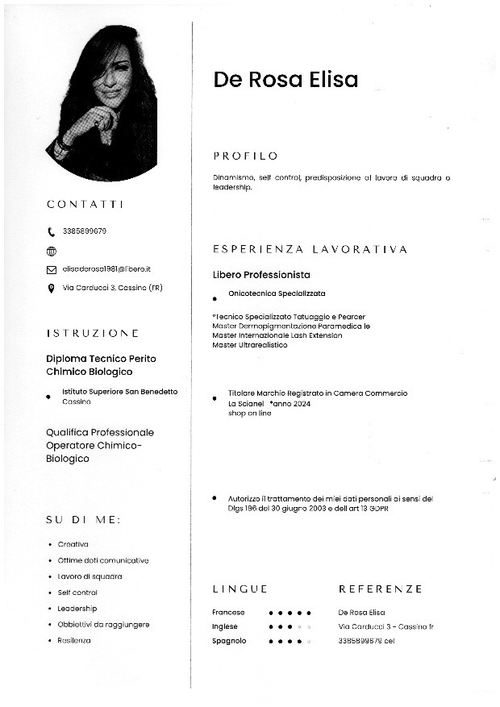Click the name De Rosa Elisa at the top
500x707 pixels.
coord(285,80)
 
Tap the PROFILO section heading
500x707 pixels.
coord(245,156)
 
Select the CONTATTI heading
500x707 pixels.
coord(85,205)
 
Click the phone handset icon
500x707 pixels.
coord(52,232)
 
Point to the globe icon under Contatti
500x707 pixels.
coord(52,251)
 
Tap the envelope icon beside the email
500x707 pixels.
coord(52,269)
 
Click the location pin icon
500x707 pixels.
coord(52,288)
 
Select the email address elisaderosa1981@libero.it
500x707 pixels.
coord(106,269)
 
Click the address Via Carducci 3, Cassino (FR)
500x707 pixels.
coord(112,288)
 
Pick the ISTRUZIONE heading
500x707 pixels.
coord(92,333)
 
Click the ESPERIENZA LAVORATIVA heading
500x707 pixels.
coord(310,250)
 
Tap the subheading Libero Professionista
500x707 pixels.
coord(261,275)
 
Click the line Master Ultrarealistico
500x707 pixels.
coord(250,345)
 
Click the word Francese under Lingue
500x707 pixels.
coord(229,613)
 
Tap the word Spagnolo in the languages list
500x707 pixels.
coord(230,641)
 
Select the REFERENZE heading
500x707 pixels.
coord(380,589)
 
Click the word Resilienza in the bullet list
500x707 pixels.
coord(74,640)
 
